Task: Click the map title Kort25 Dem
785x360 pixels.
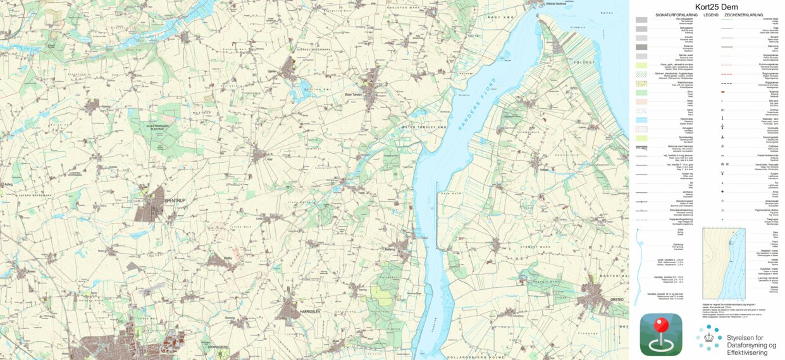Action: [x=707, y=7]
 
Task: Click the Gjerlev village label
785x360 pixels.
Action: [x=273, y=71]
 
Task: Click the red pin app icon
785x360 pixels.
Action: [x=660, y=333]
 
